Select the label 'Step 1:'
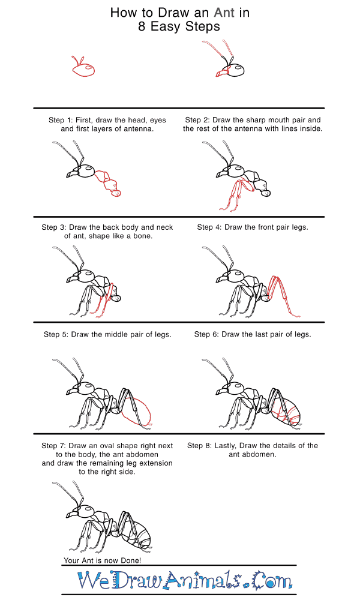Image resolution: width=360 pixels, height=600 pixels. click(x=64, y=120)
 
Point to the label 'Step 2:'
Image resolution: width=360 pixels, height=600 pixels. click(x=201, y=120)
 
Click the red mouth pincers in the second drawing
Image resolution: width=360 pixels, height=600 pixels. click(x=221, y=74)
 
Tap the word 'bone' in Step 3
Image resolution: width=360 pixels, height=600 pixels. click(x=141, y=236)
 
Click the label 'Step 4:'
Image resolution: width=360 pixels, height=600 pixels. click(x=212, y=227)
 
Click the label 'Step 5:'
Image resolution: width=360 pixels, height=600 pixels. click(x=59, y=334)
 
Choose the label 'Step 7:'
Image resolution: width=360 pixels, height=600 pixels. click(x=57, y=446)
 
